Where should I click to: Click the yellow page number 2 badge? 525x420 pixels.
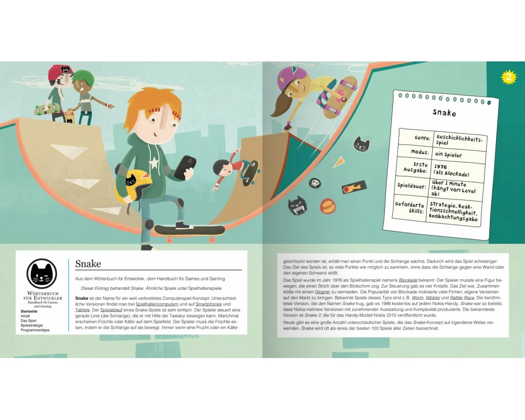pyautogui.click(x=509, y=77)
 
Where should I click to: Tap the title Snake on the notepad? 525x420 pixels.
pyautogui.click(x=444, y=112)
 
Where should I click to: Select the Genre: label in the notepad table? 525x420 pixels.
pyautogui.click(x=422, y=138)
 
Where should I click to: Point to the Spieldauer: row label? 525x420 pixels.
pyautogui.click(x=412, y=185)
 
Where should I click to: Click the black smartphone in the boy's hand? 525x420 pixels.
pyautogui.click(x=184, y=167)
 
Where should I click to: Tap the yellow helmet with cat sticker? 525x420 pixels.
pyautogui.click(x=133, y=186)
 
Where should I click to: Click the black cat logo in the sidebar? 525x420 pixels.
pyautogui.click(x=41, y=274)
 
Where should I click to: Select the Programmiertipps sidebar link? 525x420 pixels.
pyautogui.click(x=35, y=330)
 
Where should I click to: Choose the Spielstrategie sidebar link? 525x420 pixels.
pyautogui.click(x=31, y=325)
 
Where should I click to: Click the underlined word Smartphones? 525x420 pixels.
pyautogui.click(x=208, y=304)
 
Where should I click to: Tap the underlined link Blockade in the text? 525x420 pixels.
pyautogui.click(x=408, y=280)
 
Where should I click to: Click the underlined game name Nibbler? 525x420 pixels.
pyautogui.click(x=433, y=298)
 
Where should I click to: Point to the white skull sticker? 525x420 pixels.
pyautogui.click(x=314, y=183)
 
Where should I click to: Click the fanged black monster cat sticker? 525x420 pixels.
pyautogui.click(x=297, y=205)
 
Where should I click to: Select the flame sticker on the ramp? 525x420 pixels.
pyautogui.click(x=354, y=186)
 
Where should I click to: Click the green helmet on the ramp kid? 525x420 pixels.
pyautogui.click(x=83, y=77)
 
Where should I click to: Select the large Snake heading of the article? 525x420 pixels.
pyautogui.click(x=88, y=264)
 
